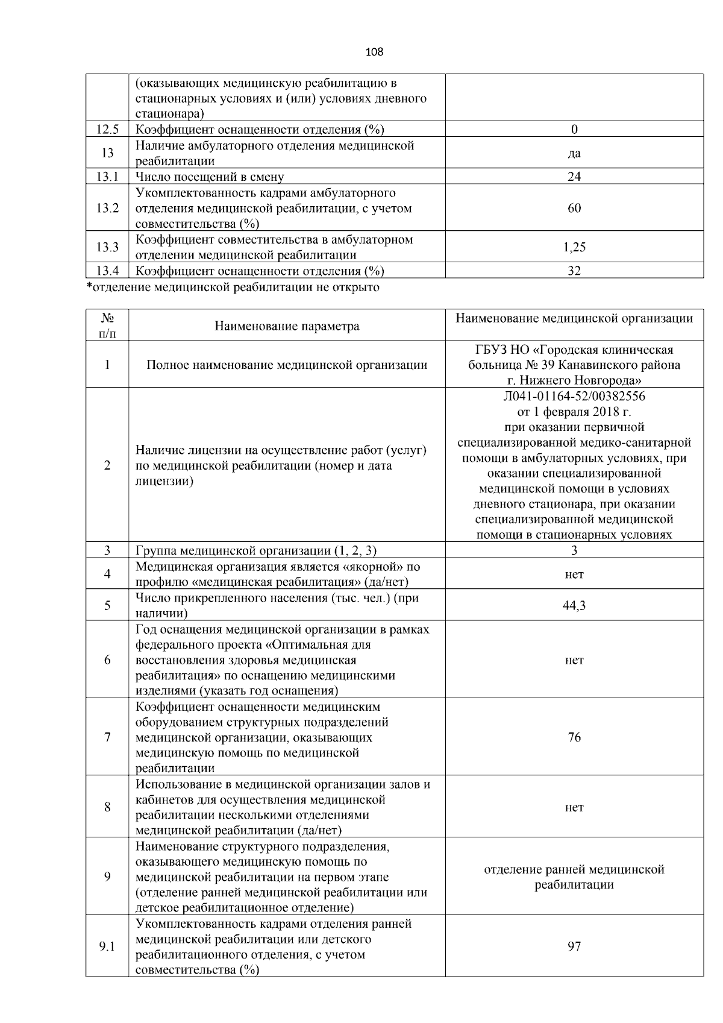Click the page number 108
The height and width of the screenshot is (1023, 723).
click(374, 52)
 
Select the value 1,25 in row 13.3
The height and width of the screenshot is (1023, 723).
click(574, 247)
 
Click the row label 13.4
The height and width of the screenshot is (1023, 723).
click(107, 271)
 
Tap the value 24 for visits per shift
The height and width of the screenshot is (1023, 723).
click(574, 177)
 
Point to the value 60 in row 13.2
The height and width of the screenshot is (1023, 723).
click(574, 208)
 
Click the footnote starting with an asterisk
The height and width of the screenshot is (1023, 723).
click(233, 287)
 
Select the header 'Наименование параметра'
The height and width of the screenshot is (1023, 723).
click(287, 326)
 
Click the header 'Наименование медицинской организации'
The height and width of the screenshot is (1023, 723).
click(574, 318)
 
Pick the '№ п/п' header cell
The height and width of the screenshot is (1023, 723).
click(107, 326)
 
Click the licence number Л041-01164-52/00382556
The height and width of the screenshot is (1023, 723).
click(574, 396)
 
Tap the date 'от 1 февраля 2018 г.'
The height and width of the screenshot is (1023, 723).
click(574, 412)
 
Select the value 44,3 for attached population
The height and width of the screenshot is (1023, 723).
click(574, 606)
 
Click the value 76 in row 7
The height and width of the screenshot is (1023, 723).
click(574, 737)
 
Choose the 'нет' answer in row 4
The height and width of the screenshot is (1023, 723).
click(574, 574)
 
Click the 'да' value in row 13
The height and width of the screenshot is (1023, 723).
click(574, 153)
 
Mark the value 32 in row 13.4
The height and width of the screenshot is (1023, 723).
click(574, 271)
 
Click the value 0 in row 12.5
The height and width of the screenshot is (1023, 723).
click(574, 129)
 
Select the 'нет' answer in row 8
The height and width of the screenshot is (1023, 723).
click(574, 807)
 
